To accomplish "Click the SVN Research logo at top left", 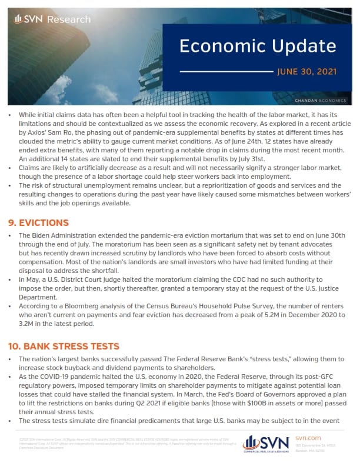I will [52, 19].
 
